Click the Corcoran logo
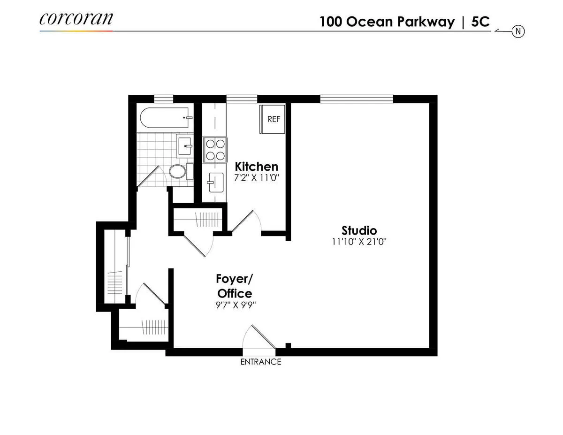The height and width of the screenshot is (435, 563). pos(76,19)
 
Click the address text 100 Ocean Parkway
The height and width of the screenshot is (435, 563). pos(387,22)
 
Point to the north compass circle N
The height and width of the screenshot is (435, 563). pos(518,31)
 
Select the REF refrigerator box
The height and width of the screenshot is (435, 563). pos(273,119)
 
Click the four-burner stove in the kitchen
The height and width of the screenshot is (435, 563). pos(215,149)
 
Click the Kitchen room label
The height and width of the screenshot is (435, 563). pos(256,167)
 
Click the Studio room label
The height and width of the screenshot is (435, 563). pos(359,230)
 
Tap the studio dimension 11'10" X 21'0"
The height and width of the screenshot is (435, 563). pos(359,242)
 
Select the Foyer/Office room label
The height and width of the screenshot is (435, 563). pos(234,286)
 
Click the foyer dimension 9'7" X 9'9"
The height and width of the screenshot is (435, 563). pos(236,305)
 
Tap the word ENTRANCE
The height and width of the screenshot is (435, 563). pos(260,362)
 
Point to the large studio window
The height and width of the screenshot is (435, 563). pos(357,99)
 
